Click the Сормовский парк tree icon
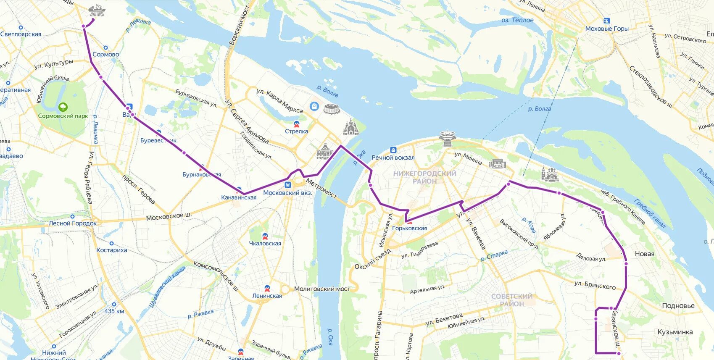point(63,107)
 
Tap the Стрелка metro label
point(296,131)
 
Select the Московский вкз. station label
point(287,193)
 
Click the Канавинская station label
point(239,197)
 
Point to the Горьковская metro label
point(409,229)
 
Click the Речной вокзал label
point(393,158)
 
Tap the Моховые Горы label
point(607,29)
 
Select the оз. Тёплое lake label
point(517,20)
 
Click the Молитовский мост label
point(322,289)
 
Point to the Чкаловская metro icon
point(265,236)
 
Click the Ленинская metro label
point(267,296)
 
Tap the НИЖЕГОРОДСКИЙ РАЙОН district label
point(424,177)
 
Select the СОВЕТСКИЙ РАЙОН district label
point(511,300)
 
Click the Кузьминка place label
point(675,332)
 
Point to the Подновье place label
point(678,306)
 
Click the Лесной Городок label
point(73,223)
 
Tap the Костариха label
point(111,250)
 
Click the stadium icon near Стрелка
point(332,109)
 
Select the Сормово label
point(105,55)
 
